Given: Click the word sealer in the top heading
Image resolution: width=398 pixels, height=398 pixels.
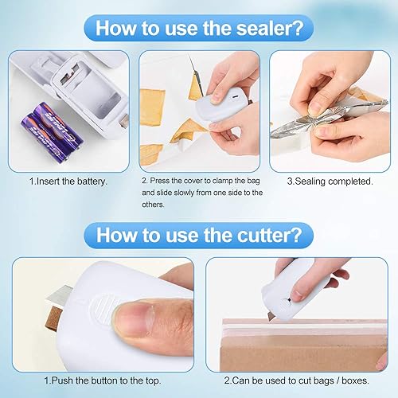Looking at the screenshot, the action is pyautogui.click(x=265, y=28).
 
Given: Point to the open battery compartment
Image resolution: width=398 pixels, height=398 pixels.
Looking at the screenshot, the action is pyautogui.click(x=88, y=88).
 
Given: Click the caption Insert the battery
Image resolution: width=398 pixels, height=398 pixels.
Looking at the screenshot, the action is pyautogui.click(x=68, y=181).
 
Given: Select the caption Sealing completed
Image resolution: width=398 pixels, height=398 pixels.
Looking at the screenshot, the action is pyautogui.click(x=330, y=181).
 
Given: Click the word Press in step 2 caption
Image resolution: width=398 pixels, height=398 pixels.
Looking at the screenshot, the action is pyautogui.click(x=160, y=181).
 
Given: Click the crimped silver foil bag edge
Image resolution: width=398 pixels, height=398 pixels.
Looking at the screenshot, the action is pyautogui.click(x=329, y=117).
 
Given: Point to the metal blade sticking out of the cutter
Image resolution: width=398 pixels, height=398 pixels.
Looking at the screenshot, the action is pyautogui.click(x=57, y=295).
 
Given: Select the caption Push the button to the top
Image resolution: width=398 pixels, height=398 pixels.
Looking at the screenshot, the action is pyautogui.click(x=103, y=380).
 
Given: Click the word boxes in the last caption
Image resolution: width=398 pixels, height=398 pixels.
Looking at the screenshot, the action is pyautogui.click(x=355, y=380).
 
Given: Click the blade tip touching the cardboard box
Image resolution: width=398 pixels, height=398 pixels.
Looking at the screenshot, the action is pyautogui.click(x=270, y=320).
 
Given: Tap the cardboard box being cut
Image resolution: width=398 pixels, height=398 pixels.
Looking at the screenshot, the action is pyautogui.click(x=302, y=345).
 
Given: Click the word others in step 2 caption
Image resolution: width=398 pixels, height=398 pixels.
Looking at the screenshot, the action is pyautogui.click(x=153, y=205).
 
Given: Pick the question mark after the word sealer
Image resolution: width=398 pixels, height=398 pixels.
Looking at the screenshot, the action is pyautogui.click(x=298, y=28).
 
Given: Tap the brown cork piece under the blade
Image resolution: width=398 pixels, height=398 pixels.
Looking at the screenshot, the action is pyautogui.click(x=54, y=318).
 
